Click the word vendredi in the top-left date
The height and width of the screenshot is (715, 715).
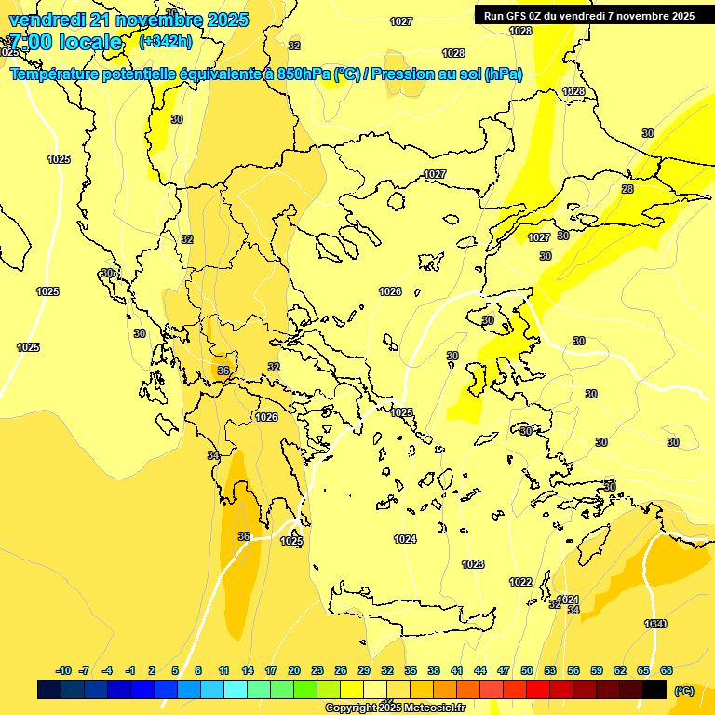[47, 20]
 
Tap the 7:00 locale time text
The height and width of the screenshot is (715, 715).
[65, 42]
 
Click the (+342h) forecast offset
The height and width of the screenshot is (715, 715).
[165, 42]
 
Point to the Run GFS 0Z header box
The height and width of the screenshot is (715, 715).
[588, 16]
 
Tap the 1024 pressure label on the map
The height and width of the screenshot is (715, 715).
[405, 539]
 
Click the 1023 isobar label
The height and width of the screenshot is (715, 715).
[473, 564]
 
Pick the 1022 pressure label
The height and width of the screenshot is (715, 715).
[520, 582]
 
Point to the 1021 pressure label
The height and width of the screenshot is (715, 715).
[568, 600]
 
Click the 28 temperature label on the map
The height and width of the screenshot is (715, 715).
[627, 189]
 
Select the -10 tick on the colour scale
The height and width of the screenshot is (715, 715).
[63, 670]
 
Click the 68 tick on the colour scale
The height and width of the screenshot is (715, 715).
[667, 670]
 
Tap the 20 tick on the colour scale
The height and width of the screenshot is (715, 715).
[294, 670]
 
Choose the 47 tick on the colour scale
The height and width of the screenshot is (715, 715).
[504, 670]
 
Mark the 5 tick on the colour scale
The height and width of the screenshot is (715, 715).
[176, 670]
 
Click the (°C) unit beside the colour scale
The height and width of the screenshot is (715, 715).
[684, 690]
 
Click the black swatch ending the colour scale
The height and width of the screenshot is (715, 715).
[654, 690]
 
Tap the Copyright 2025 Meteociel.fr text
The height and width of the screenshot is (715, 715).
[394, 708]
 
